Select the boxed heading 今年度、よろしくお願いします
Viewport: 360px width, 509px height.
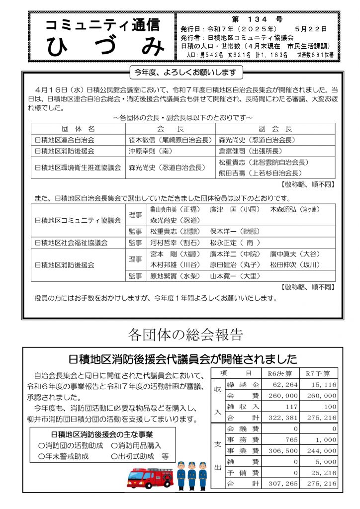point(185,73)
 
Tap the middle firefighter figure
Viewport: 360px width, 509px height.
point(191,475)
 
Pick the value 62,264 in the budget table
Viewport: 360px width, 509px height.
point(285,385)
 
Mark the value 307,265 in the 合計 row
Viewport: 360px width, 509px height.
point(285,483)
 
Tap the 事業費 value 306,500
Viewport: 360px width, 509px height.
point(285,450)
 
